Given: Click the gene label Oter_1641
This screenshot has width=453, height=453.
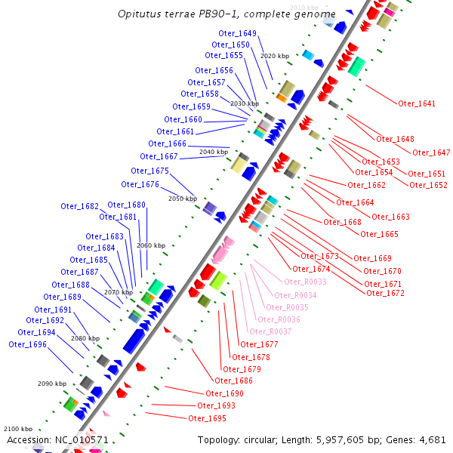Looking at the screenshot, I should tap(417, 103).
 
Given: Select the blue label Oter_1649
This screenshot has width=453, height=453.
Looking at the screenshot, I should tap(237, 33).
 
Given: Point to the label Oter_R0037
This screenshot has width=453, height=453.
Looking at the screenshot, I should tap(273, 331).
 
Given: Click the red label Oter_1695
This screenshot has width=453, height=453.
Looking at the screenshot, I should tap(207, 418).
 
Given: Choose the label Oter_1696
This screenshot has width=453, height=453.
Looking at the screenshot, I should tap(27, 344).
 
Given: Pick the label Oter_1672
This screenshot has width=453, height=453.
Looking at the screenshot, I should tap(385, 293).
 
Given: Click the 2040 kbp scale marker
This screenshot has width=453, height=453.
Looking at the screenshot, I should tap(214, 152).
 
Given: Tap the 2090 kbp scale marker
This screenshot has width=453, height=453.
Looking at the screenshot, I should tap(52, 384).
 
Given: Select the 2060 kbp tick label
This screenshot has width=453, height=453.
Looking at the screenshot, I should tap(150, 245).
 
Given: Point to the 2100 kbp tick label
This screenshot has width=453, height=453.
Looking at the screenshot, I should tap(18, 429).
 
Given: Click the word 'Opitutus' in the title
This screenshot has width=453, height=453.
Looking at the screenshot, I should tap(140, 14).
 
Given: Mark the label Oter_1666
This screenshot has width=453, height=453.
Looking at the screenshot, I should tap(167, 143).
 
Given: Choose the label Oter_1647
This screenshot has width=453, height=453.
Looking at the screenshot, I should tap(431, 153).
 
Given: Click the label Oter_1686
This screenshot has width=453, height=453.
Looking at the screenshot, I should tap(234, 381).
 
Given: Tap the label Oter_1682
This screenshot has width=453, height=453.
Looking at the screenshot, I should tap(79, 206).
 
